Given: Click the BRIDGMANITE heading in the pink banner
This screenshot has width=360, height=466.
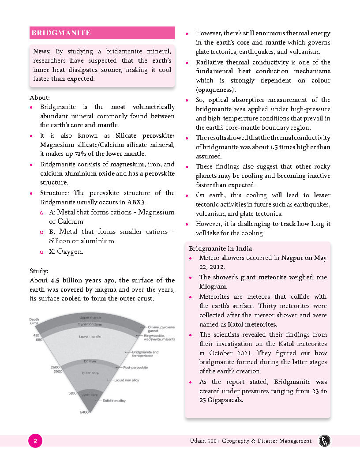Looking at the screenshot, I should point(61,33).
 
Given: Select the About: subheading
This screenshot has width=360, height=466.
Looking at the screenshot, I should point(40,97).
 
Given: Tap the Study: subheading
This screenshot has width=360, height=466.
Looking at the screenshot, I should point(39,271).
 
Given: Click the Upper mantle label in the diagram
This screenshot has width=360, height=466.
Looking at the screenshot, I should point(90,318).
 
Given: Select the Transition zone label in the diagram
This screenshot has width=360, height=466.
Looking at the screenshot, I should point(90,324).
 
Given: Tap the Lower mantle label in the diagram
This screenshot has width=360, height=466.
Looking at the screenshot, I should point(90,337).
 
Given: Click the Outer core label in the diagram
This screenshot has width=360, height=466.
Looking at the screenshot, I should point(90,373).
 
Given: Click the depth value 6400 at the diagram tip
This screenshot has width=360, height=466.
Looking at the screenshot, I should point(84,412).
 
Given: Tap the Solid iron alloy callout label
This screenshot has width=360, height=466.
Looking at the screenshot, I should point(114,401).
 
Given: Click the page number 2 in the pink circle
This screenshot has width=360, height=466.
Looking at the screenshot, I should point(35,440).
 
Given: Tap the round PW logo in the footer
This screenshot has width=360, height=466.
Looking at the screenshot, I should point(325,440).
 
